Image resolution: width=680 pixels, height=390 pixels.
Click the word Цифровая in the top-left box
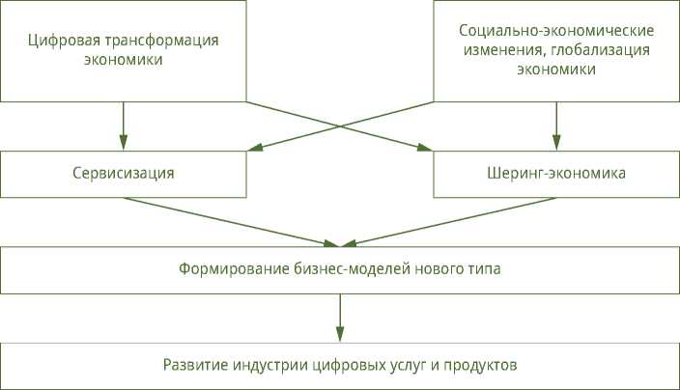[61, 41]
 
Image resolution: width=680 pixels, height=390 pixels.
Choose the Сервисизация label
[123, 175]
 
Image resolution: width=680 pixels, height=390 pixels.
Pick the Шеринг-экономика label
[556, 175]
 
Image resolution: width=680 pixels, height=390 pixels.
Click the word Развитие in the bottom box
[192, 366]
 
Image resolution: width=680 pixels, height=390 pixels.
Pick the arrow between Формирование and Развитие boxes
[340, 317]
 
